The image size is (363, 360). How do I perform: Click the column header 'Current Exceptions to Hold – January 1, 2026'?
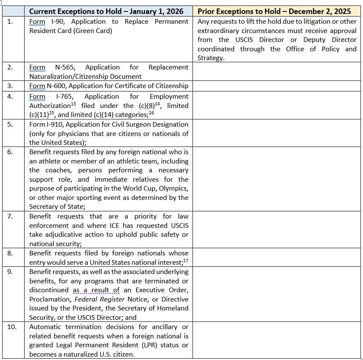pyautogui.click(x=106, y=11)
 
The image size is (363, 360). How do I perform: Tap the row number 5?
pyautogui.click(x=10, y=125)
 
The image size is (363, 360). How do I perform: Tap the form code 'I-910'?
pyautogui.click(x=55, y=125)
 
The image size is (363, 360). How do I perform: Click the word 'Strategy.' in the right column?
pyautogui.click(x=211, y=58)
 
